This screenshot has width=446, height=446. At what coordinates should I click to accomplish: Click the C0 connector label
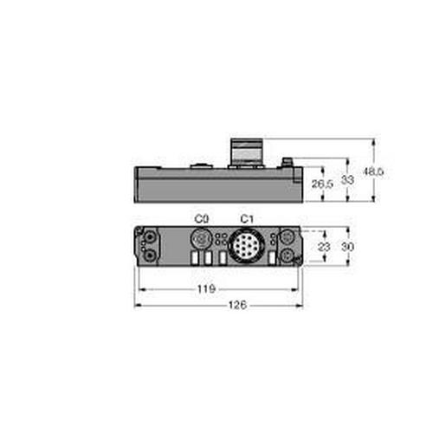[x=203, y=218]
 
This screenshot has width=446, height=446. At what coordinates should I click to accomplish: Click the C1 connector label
[x=245, y=218]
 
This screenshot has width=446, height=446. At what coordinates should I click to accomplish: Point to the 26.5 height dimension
[x=322, y=184]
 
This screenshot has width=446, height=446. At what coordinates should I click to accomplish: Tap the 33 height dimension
[x=348, y=180]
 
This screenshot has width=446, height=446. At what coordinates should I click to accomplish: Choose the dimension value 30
[x=349, y=247]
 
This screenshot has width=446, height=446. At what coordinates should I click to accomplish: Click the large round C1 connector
[x=245, y=243]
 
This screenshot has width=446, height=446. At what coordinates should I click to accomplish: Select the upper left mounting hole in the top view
[x=152, y=235]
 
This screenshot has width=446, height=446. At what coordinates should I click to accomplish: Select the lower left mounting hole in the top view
[x=152, y=255]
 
